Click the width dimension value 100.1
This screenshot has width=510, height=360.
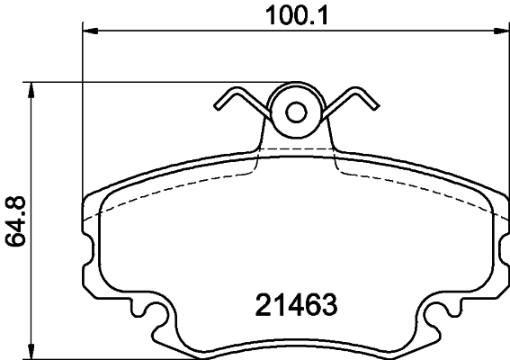(x=294, y=15)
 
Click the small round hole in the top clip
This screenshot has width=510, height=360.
(x=296, y=112)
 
